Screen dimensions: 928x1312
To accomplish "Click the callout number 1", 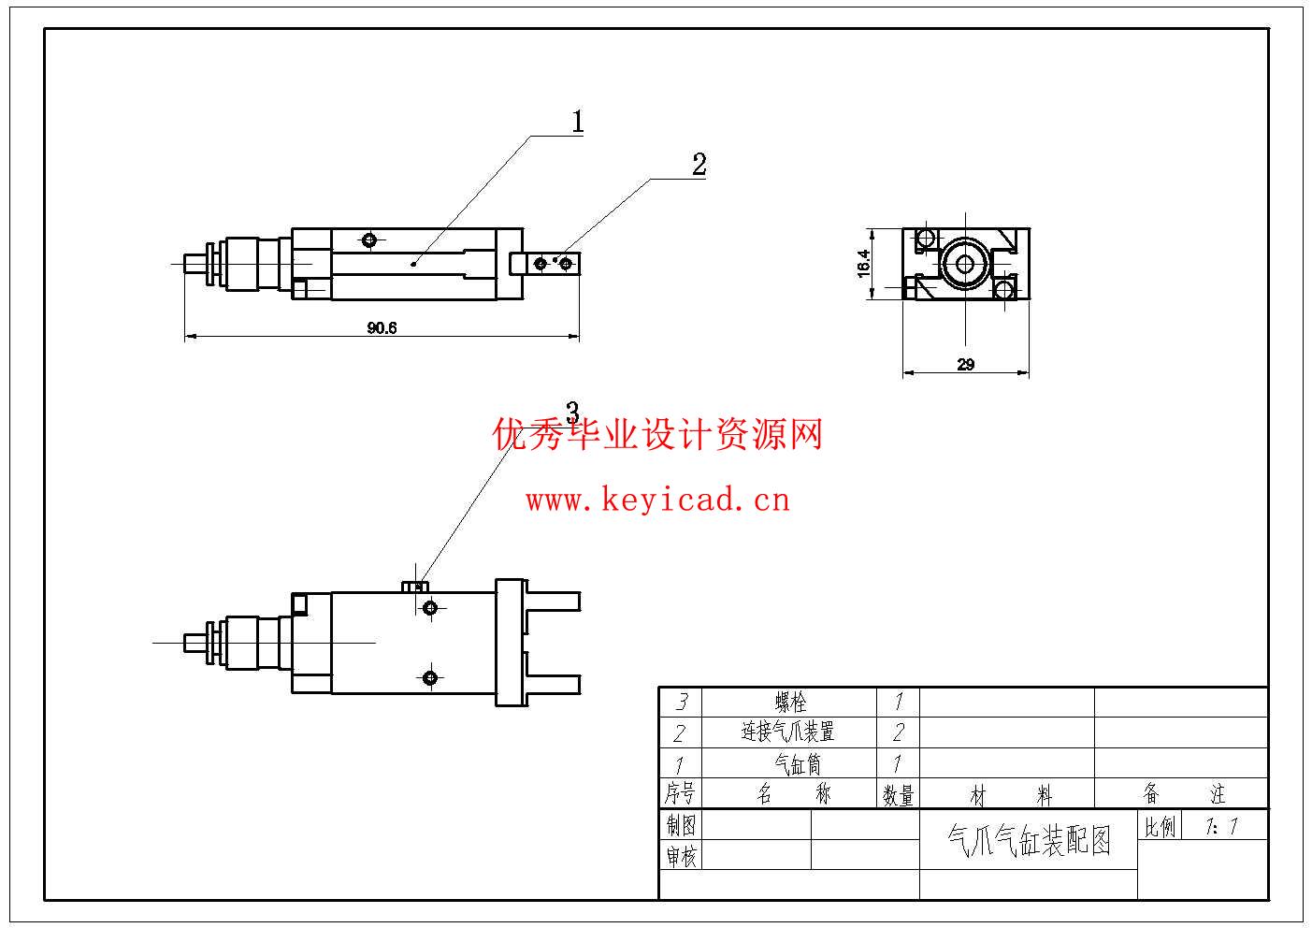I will coord(578,122).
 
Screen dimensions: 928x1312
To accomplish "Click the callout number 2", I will coord(699,165).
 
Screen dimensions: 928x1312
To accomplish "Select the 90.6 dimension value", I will coord(382,327).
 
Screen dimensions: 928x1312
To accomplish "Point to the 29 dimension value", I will coord(966,365).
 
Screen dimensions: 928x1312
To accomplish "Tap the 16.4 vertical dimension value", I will coord(863,263).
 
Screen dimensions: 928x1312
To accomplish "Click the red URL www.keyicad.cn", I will coord(657,500).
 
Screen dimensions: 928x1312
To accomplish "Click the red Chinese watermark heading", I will coord(657,435).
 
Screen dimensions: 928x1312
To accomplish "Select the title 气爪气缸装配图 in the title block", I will coord(1029,839).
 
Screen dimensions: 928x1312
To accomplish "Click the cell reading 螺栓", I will coord(790,702).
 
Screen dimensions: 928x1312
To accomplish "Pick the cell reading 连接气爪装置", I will coord(788,732).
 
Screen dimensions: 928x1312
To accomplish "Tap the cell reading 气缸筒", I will coord(790,763).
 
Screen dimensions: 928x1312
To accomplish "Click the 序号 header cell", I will coord(680,794).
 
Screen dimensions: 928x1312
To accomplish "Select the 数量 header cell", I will coord(898,794).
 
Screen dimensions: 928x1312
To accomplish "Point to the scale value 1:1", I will coord(1222,826).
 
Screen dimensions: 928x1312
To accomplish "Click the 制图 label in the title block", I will coord(681,825).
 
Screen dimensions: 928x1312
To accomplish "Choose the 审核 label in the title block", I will coord(681,855).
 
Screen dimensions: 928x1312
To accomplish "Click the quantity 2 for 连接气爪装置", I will coord(898,732).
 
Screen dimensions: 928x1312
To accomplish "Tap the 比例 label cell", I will coord(1160,826).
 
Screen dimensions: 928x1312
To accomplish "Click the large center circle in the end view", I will coord(964,264).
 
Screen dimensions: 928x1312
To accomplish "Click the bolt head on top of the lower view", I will coord(415,587).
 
